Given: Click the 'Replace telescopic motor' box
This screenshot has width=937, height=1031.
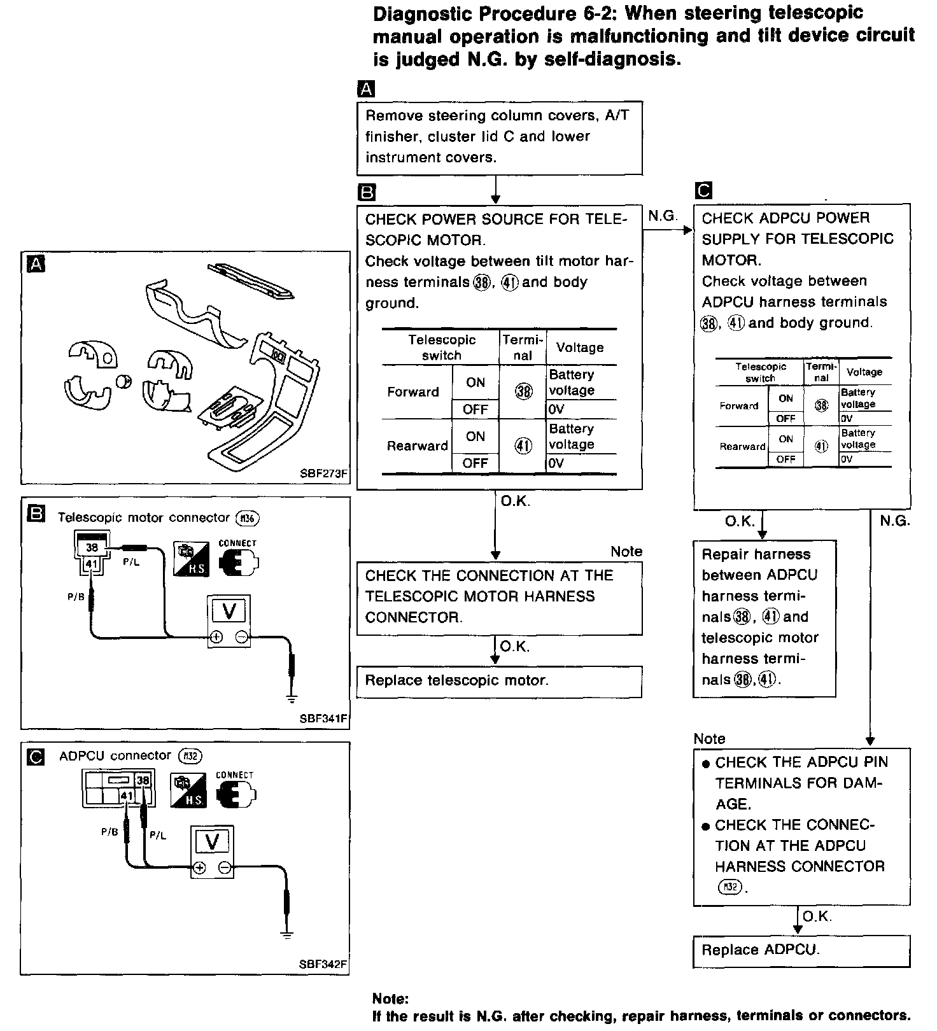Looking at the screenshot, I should pyautogui.click(x=498, y=681).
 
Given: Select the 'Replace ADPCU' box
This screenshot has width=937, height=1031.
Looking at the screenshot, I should pyautogui.click(x=801, y=951).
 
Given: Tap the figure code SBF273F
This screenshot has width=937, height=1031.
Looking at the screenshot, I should pyautogui.click(x=324, y=473).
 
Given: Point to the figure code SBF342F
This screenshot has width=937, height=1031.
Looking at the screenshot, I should pyautogui.click(x=323, y=964).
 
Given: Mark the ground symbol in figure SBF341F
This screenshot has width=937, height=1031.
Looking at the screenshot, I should pyautogui.click(x=292, y=699).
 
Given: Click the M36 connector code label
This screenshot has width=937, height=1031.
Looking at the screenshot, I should pyautogui.click(x=248, y=518).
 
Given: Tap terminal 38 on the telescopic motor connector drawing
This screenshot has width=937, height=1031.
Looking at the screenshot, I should pyautogui.click(x=92, y=547).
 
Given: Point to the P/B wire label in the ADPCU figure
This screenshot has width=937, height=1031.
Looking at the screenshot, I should pyautogui.click(x=109, y=832).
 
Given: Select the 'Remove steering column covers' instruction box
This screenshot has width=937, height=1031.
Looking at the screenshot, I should pyautogui.click(x=499, y=137).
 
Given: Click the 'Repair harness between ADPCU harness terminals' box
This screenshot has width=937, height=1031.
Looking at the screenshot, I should pyautogui.click(x=764, y=617).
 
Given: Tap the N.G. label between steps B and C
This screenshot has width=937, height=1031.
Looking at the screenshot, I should pyautogui.click(x=663, y=216).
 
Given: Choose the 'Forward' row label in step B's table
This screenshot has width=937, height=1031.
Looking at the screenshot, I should pyautogui.click(x=413, y=392).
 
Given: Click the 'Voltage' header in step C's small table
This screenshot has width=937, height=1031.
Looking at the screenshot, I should pyautogui.click(x=864, y=372).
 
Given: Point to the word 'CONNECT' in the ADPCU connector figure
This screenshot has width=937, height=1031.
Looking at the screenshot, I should pyautogui.click(x=234, y=775).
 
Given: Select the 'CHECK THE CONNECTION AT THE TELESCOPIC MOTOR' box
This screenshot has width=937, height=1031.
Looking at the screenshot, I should pyautogui.click(x=499, y=597).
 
